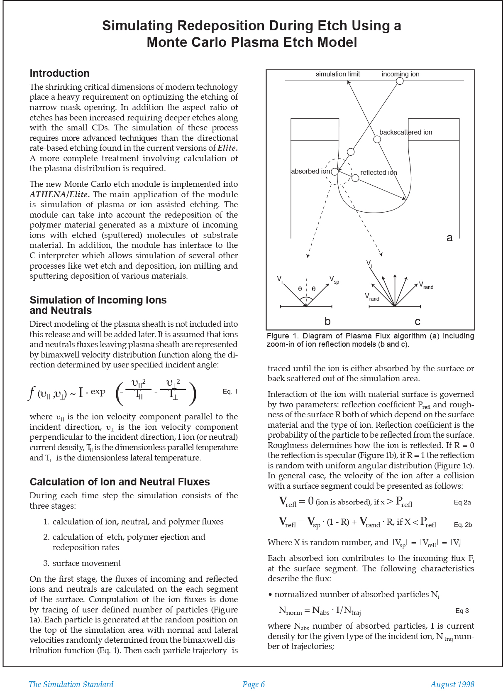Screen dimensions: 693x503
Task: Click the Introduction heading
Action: tap(59, 73)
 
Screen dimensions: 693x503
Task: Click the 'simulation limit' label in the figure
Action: tap(337, 74)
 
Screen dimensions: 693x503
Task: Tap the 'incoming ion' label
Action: tap(400, 74)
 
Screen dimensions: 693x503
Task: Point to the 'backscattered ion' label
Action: tap(405, 132)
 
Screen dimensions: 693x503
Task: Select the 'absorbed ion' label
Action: tap(310, 171)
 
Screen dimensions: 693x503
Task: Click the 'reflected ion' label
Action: tap(378, 173)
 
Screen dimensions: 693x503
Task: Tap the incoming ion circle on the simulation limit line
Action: tap(400, 81)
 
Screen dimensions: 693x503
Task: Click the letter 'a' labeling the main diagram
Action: tap(449, 238)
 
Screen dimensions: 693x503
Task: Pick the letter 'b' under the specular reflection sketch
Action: tap(327, 321)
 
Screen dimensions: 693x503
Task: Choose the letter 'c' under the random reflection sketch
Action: tap(418, 322)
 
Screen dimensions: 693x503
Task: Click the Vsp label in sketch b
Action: tap(334, 279)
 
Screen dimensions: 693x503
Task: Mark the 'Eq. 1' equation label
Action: tap(230, 392)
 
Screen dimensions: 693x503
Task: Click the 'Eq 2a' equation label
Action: tap(462, 502)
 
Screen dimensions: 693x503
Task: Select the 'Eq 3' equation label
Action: tap(462, 611)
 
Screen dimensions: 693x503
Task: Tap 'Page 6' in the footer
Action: tap(254, 685)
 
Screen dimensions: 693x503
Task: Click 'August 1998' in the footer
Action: tap(452, 685)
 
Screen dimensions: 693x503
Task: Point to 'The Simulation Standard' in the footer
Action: tap(71, 685)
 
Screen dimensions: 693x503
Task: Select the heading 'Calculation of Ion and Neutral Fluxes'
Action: tap(120, 482)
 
